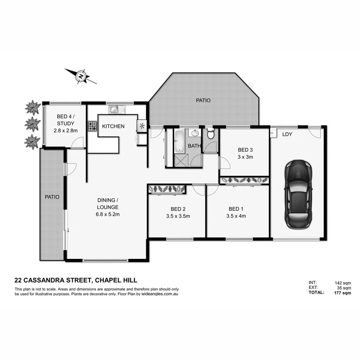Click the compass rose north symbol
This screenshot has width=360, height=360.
(x=81, y=76)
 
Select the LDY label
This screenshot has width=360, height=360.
(x=287, y=134)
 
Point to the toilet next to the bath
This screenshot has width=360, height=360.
(x=211, y=135)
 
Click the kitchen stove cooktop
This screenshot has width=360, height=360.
(x=93, y=126)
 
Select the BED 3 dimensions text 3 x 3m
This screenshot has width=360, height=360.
(x=245, y=157)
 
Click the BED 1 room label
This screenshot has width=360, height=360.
(x=236, y=209)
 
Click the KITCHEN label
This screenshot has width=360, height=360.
(x=113, y=126)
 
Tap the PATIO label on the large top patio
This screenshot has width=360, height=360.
(x=203, y=100)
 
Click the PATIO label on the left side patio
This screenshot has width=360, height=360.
(x=52, y=197)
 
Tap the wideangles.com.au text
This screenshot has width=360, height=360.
(x=160, y=294)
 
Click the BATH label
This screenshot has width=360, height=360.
(x=194, y=146)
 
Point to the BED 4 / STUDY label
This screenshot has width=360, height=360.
(x=66, y=120)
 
